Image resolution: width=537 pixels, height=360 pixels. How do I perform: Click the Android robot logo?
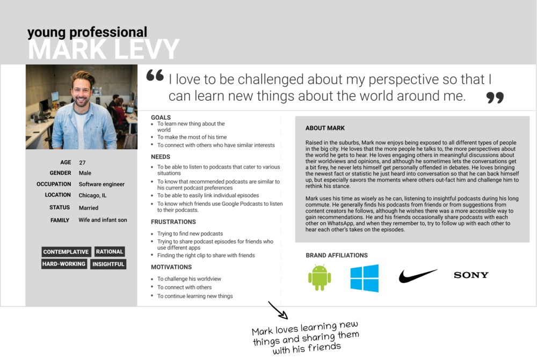(x=320, y=277)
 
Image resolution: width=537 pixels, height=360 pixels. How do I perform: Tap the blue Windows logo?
(x=365, y=278)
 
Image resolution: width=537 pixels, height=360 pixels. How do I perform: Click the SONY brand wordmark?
(x=471, y=275)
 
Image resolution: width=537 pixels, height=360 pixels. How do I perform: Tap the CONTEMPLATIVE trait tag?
(x=66, y=252)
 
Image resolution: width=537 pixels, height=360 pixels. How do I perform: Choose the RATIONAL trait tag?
(x=109, y=252)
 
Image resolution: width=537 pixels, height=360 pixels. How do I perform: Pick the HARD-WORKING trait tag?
(x=64, y=264)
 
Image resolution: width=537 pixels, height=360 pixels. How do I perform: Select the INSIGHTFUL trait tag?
(x=108, y=264)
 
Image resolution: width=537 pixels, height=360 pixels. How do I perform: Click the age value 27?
(x=82, y=163)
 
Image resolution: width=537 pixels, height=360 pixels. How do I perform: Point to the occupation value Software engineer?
(x=101, y=184)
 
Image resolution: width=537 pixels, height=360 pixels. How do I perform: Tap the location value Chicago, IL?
(x=92, y=195)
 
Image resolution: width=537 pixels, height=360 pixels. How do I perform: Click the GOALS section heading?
(x=161, y=117)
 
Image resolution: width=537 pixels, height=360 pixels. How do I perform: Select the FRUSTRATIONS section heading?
(x=173, y=222)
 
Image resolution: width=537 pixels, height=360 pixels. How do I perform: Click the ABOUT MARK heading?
(x=325, y=128)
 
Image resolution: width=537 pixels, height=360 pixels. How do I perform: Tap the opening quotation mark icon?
(x=155, y=75)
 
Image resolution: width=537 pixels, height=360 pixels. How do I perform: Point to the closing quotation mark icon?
(x=495, y=98)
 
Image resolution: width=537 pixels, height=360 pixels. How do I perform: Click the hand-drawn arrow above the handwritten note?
(x=278, y=310)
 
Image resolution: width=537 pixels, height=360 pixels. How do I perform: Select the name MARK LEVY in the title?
(x=104, y=49)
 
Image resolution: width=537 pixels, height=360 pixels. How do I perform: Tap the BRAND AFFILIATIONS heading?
(x=337, y=255)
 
